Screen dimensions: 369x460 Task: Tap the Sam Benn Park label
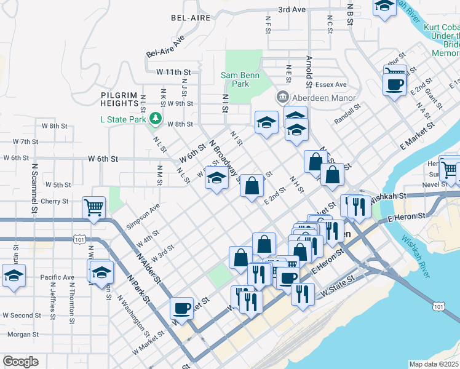click(x=240, y=79)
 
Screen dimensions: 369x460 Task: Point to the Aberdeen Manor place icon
click(x=282, y=97)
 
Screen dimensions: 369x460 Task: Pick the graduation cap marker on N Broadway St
click(x=216, y=179)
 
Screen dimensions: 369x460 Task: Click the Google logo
click(x=20, y=362)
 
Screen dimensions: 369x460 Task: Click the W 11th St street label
click(x=174, y=72)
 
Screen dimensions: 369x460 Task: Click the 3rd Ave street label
click(x=291, y=10)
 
